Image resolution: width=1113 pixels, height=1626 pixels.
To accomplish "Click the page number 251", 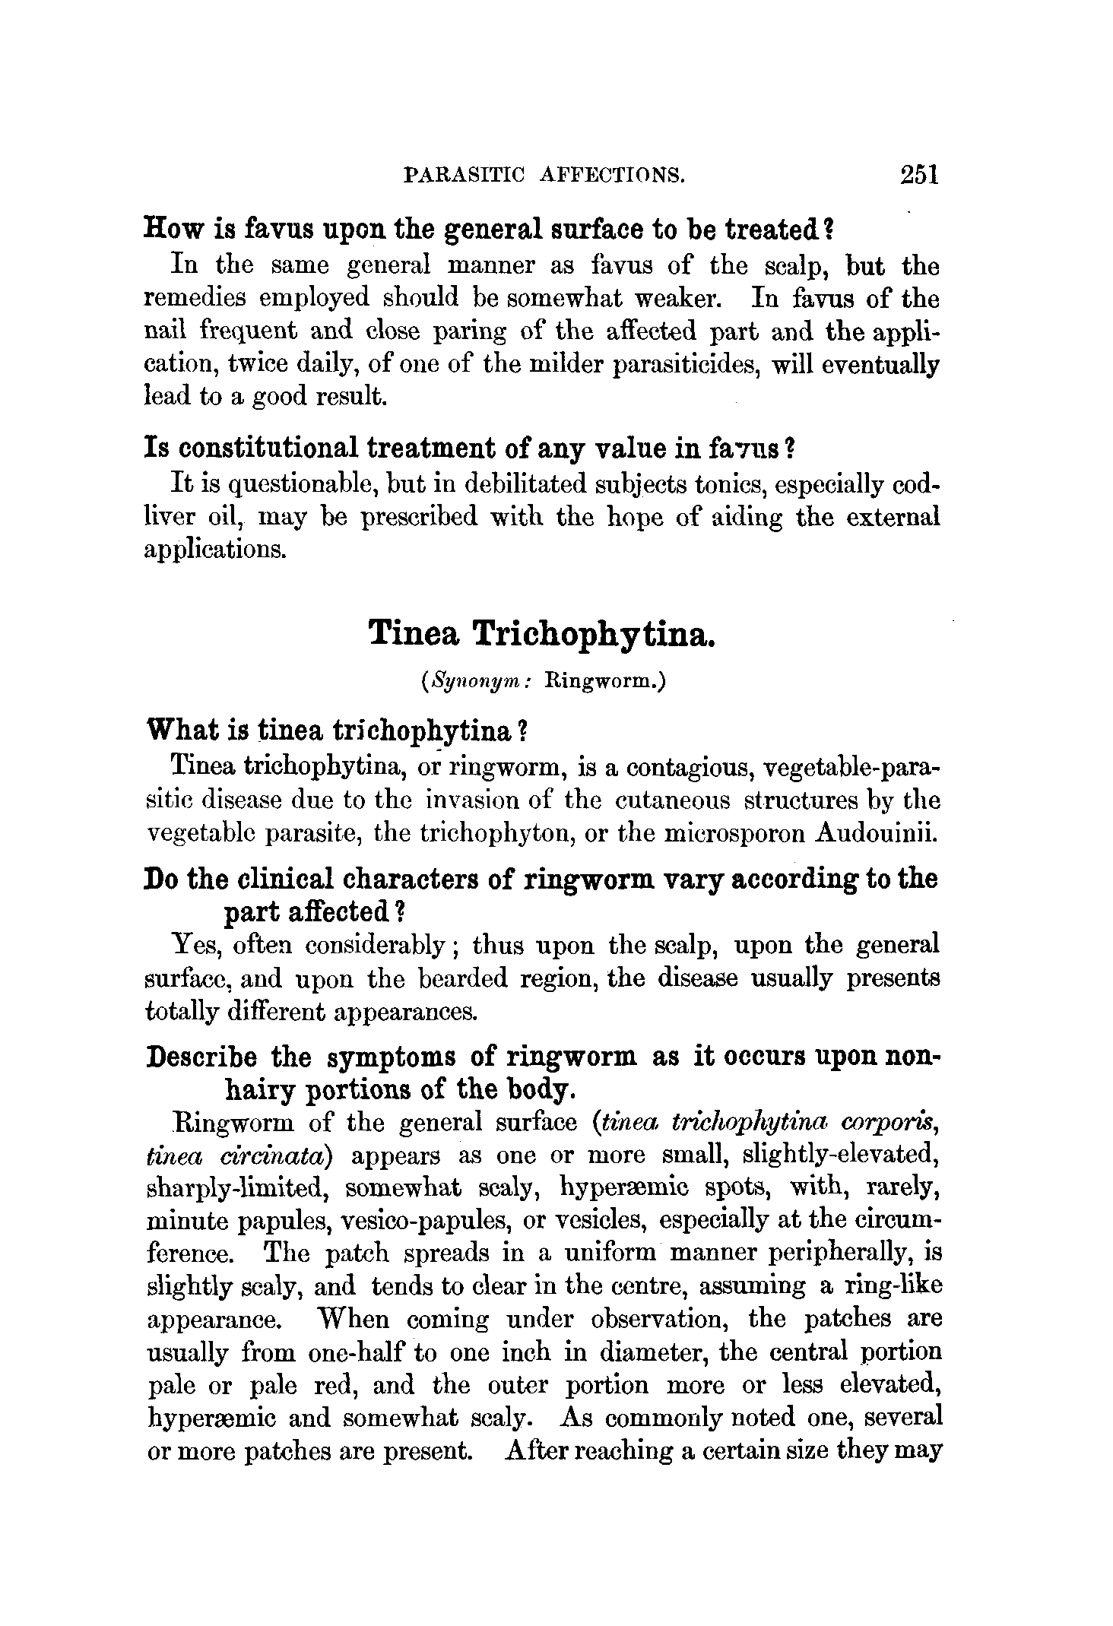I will point(919,176).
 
